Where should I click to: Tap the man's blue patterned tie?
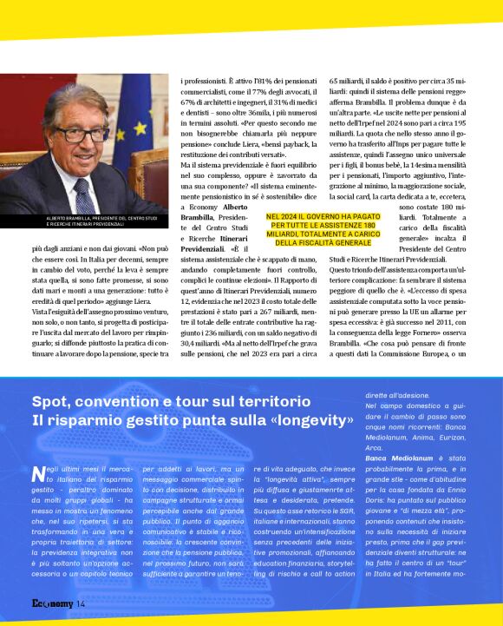tap(83, 192)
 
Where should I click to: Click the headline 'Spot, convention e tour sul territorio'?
tap(171, 401)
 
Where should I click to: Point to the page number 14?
tap(81, 603)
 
